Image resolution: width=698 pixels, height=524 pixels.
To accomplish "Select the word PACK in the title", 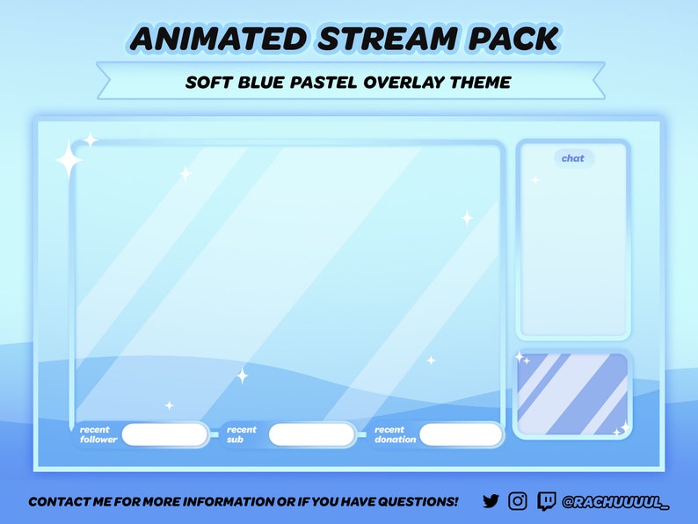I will [511, 39].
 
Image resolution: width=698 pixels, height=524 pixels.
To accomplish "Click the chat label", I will [573, 158].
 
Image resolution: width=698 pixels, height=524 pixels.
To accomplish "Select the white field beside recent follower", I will [165, 434].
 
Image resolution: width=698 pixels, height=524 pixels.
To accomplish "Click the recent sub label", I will [242, 434].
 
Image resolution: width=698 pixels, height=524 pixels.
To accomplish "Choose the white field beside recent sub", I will [312, 434].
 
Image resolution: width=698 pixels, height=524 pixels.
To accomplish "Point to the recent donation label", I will [395, 434].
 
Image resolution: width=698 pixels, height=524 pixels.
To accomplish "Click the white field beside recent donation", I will [461, 434].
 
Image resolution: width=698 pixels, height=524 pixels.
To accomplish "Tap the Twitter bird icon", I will [491, 501].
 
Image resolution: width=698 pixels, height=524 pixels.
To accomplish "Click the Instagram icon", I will [518, 501].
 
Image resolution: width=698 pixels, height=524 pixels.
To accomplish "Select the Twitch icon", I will [546, 501].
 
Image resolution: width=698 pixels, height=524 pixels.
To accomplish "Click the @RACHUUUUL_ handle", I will [615, 502].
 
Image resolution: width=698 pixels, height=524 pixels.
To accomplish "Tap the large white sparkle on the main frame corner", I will [69, 161].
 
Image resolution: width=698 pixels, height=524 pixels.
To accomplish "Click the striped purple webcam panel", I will [572, 394].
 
